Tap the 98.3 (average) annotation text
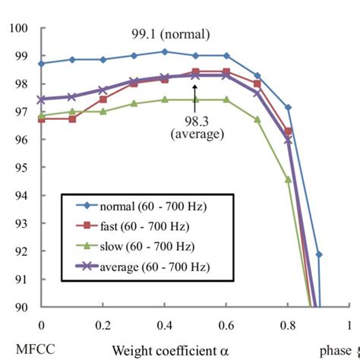click(x=197, y=128)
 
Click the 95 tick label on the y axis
click(x=21, y=168)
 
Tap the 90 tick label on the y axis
click(x=21, y=307)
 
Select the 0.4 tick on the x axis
click(x=164, y=325)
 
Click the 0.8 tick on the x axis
click(x=287, y=325)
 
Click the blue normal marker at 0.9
click(x=318, y=254)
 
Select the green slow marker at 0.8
click(x=288, y=180)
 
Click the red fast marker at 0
click(x=41, y=119)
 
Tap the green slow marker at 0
click(x=41, y=115)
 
